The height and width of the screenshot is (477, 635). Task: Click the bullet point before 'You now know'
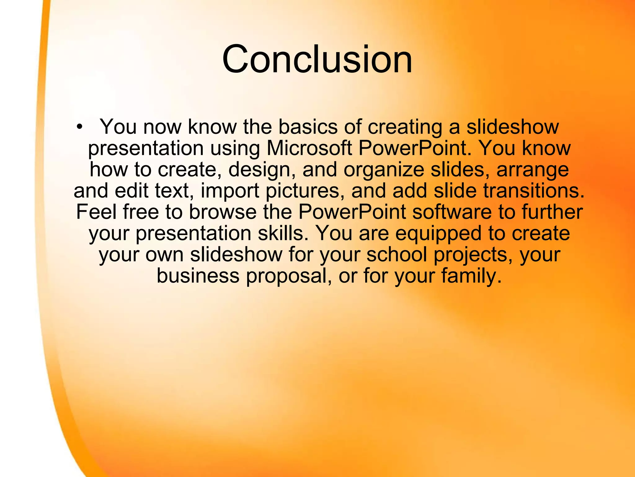point(80,127)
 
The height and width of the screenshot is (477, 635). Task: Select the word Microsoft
point(309,148)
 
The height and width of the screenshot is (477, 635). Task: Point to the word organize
point(384,170)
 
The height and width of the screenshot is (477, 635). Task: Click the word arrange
point(532,170)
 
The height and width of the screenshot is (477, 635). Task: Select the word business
point(198,276)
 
